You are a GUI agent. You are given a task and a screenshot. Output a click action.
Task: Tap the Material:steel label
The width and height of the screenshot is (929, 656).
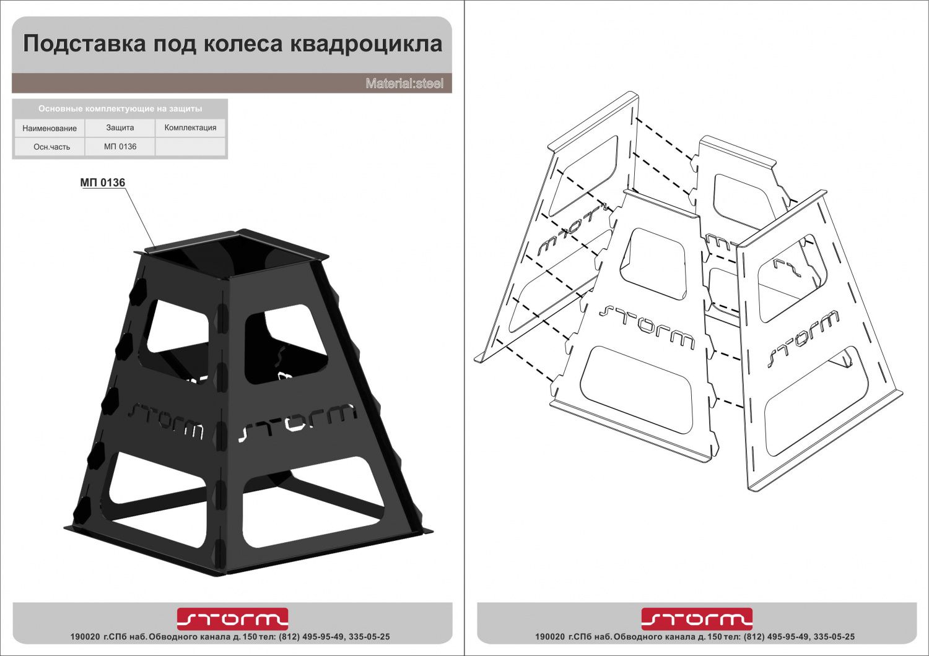click(404, 84)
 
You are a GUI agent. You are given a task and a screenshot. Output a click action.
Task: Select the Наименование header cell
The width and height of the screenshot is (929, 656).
click(50, 128)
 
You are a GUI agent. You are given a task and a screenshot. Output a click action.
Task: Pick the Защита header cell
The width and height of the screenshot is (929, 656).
click(120, 127)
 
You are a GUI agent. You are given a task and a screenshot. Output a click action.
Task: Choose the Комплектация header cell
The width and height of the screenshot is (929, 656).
click(190, 127)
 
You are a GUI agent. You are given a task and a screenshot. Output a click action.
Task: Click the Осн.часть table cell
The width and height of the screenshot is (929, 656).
click(51, 147)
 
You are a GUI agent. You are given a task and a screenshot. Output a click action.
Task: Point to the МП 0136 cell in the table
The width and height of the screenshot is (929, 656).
click(120, 147)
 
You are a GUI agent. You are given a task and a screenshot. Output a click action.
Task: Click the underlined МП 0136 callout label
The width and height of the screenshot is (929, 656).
click(103, 183)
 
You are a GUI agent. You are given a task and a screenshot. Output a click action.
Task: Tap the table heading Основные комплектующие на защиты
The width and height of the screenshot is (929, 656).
click(120, 109)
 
